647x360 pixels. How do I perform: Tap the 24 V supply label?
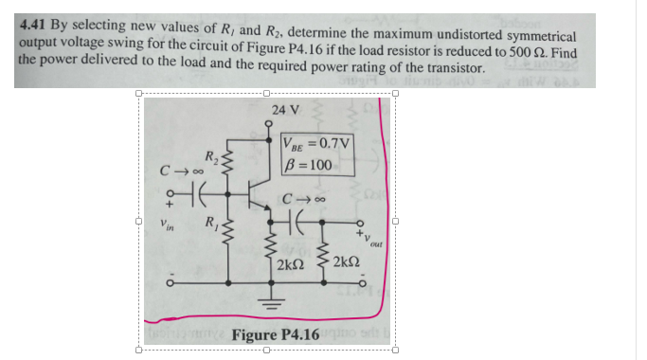coord(285,111)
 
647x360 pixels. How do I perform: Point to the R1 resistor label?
coord(213,224)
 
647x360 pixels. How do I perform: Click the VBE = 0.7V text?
coord(317,144)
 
